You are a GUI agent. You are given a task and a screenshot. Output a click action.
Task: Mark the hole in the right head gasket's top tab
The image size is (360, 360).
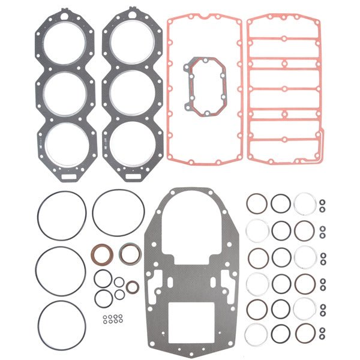[x=130, y=13]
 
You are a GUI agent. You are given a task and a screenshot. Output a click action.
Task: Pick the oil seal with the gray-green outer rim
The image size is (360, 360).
[x=130, y=253]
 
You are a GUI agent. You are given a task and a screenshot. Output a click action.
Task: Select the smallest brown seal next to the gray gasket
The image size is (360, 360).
[x=133, y=287]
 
